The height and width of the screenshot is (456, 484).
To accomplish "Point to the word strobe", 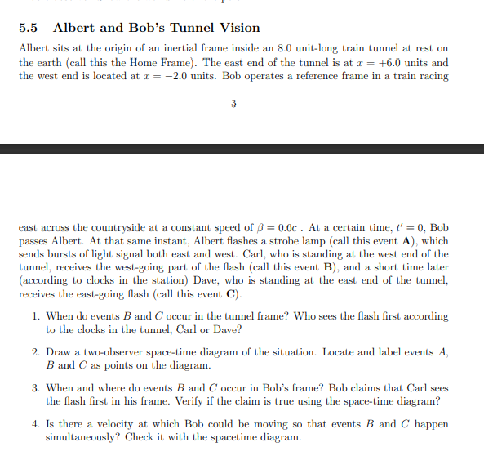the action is tap(242, 241).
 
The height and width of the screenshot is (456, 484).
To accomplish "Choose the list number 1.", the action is tap(35, 316).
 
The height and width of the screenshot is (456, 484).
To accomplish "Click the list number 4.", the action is tap(35, 424).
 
